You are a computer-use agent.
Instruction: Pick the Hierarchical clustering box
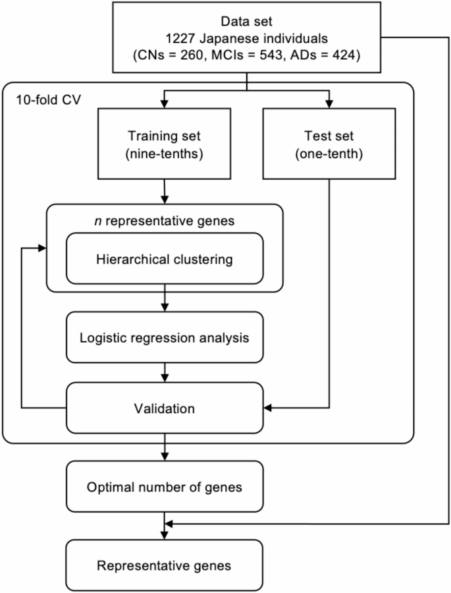point(164,259)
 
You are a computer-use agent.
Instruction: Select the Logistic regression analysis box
point(164,338)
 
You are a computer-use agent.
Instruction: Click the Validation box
point(164,409)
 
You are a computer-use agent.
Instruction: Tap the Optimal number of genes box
point(164,488)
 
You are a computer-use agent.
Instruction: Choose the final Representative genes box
point(164,565)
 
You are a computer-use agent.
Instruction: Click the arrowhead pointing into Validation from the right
point(267,409)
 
